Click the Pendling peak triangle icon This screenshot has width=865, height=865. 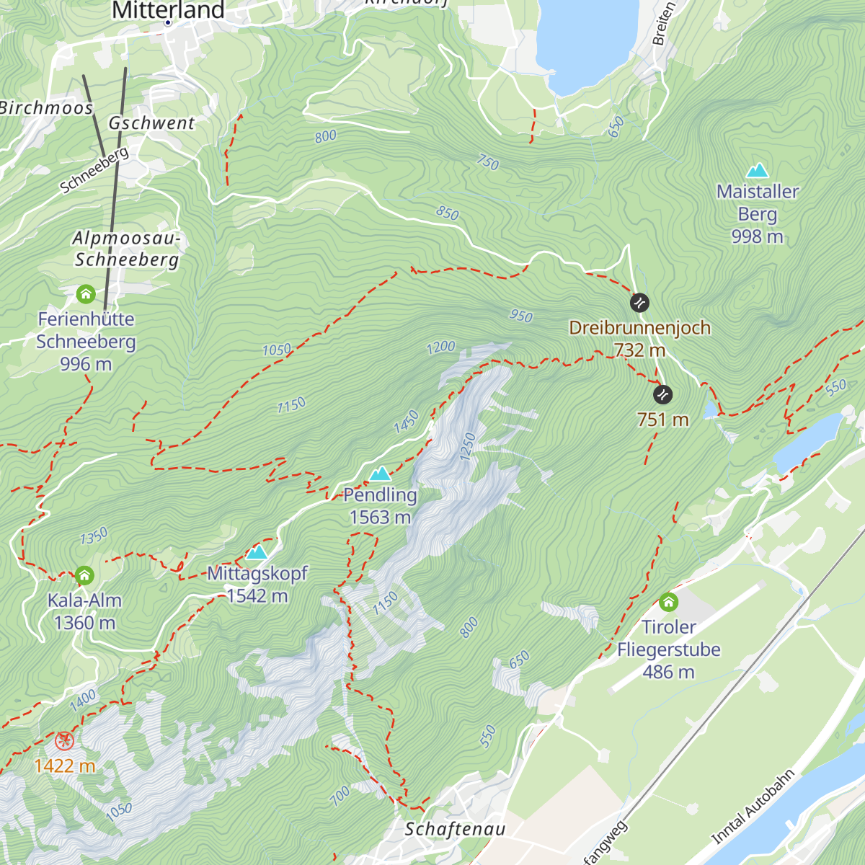pos(380,474)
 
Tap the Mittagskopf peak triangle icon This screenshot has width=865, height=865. pos(257,552)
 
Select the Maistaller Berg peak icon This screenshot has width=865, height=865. pos(757,170)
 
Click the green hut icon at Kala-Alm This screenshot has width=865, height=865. pos(84,575)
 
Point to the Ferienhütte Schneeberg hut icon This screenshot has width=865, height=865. pos(86,294)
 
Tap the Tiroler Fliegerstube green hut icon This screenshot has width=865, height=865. pos(668,602)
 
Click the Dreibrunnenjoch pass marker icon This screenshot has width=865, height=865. pos(639,303)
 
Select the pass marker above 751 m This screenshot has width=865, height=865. pos(662,394)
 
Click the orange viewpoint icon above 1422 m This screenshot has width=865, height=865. pos(64,740)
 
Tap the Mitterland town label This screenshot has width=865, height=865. pos(168,10)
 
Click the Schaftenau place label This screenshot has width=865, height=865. pos(455,829)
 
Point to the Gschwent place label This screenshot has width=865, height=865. pos(151,123)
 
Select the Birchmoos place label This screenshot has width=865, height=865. pos(47,108)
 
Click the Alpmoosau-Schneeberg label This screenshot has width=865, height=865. pos(127,249)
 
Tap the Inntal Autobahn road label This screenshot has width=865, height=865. pos(753,807)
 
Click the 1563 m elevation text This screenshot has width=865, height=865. pos(380,518)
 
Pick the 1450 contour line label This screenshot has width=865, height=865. pos(407,422)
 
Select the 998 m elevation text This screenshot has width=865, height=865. pos(757,236)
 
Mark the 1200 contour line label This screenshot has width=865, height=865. pos(440,347)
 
